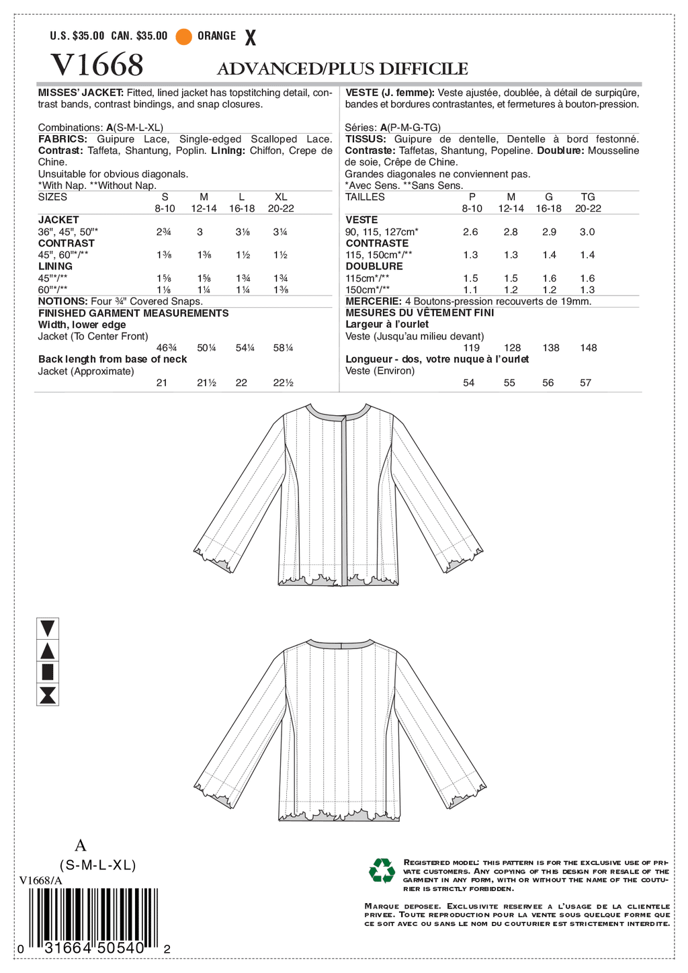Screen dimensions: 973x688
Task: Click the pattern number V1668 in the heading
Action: click(97, 65)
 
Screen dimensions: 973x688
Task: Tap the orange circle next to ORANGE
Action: click(183, 36)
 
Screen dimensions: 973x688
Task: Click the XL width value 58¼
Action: click(283, 348)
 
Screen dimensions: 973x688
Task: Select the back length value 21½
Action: click(206, 383)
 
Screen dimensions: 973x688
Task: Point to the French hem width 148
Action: click(588, 348)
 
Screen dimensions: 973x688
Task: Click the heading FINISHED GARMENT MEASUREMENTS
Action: click(133, 313)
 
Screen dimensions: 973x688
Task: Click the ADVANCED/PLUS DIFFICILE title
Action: click(342, 69)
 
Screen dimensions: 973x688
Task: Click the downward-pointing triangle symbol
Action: click(48, 628)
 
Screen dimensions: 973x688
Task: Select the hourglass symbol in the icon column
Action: click(48, 695)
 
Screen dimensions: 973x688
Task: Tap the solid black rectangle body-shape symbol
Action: click(48, 672)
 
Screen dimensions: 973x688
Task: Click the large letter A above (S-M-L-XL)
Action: click(81, 845)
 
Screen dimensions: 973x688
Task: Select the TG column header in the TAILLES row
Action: click(588, 197)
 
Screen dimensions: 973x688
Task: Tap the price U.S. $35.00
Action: click(77, 36)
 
